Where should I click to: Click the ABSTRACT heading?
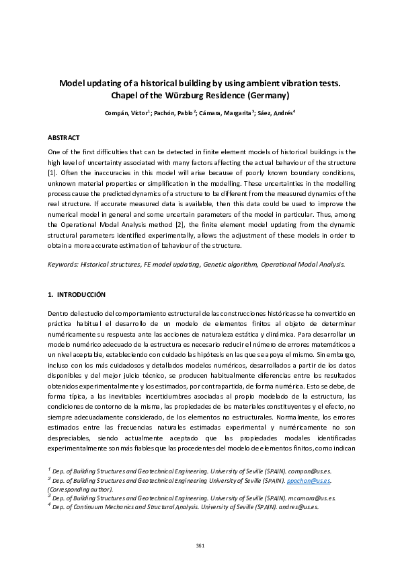[64, 137]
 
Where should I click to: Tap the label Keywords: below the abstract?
[63, 265]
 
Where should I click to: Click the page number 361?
[200, 545]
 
